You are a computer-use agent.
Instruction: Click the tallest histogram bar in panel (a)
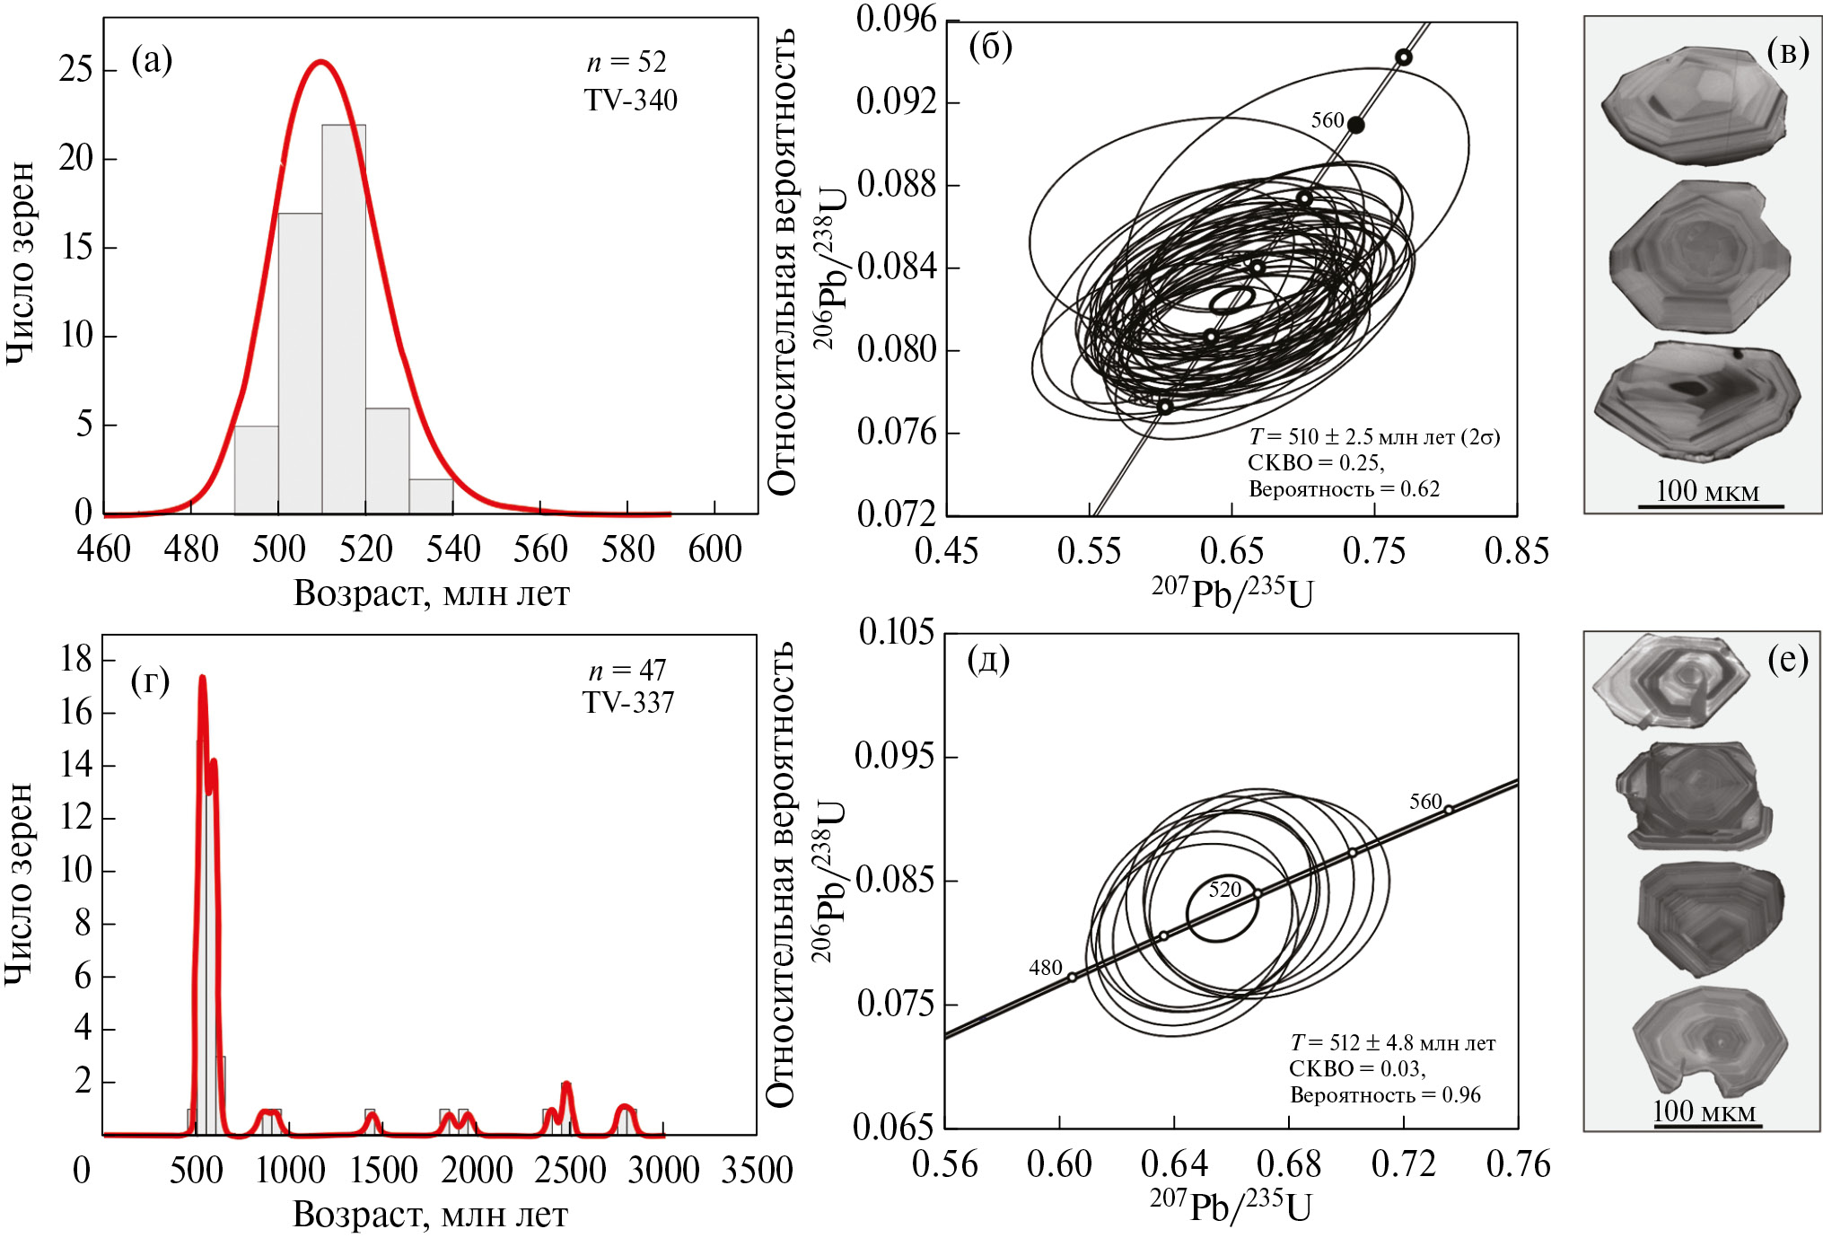[x=344, y=319]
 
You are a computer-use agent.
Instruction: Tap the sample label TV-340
[x=630, y=100]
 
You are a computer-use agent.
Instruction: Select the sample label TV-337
[x=627, y=702]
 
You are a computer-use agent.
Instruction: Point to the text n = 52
[x=627, y=62]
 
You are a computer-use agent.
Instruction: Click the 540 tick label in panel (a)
[x=453, y=549]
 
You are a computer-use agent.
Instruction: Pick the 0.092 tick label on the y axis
[x=896, y=101]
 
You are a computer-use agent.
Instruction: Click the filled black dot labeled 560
[x=1355, y=125]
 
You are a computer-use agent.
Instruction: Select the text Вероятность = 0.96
[x=1385, y=1094]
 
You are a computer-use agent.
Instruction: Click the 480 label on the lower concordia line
[x=1045, y=968]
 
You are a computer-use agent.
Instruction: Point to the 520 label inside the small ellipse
[x=1224, y=890]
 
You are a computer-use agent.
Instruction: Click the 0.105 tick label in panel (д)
[x=896, y=632]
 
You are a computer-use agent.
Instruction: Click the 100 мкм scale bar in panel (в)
[x=1709, y=505]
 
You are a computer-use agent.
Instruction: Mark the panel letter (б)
[x=990, y=47]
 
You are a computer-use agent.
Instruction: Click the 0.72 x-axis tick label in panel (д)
[x=1403, y=1164]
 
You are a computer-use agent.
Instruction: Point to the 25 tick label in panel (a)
[x=75, y=69]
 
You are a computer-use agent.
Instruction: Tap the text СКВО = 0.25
[x=1315, y=463]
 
